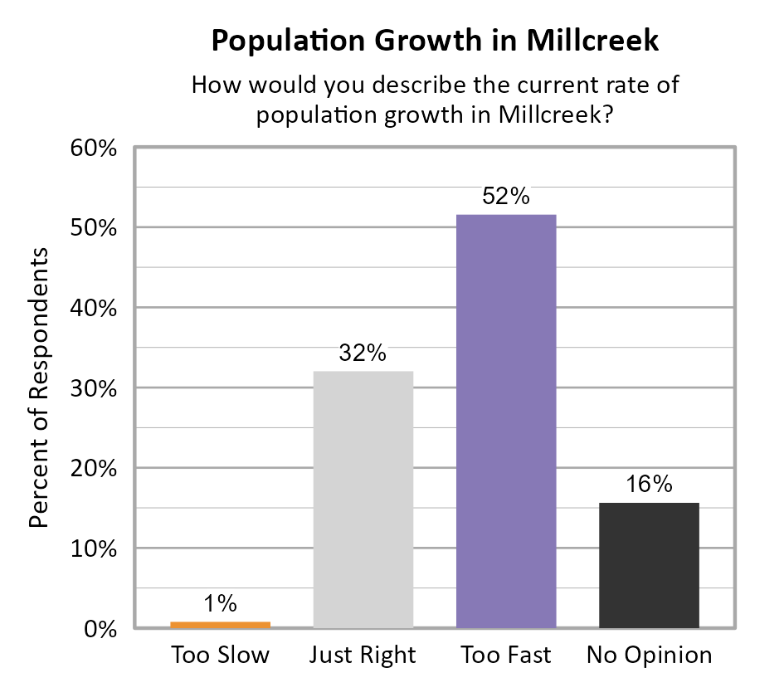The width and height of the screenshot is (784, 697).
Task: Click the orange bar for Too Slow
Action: point(221,625)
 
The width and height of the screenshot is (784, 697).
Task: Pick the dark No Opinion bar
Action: point(649,565)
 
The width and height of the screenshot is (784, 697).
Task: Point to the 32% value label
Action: point(363,353)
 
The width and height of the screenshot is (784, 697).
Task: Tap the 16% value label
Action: point(649,485)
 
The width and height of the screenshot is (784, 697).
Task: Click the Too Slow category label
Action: point(221,656)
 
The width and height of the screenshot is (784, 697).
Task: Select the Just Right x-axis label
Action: point(363,656)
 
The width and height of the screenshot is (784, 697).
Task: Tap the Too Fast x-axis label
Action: point(506,656)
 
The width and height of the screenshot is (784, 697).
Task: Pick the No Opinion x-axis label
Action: point(649,656)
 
